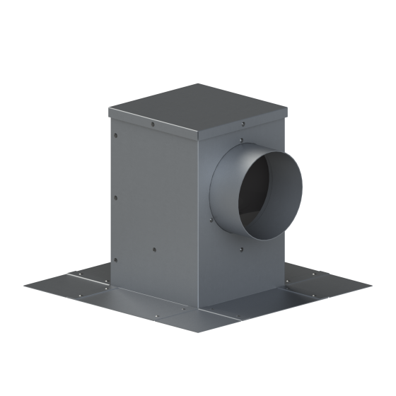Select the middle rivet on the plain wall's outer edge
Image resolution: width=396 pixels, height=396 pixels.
[115, 194]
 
